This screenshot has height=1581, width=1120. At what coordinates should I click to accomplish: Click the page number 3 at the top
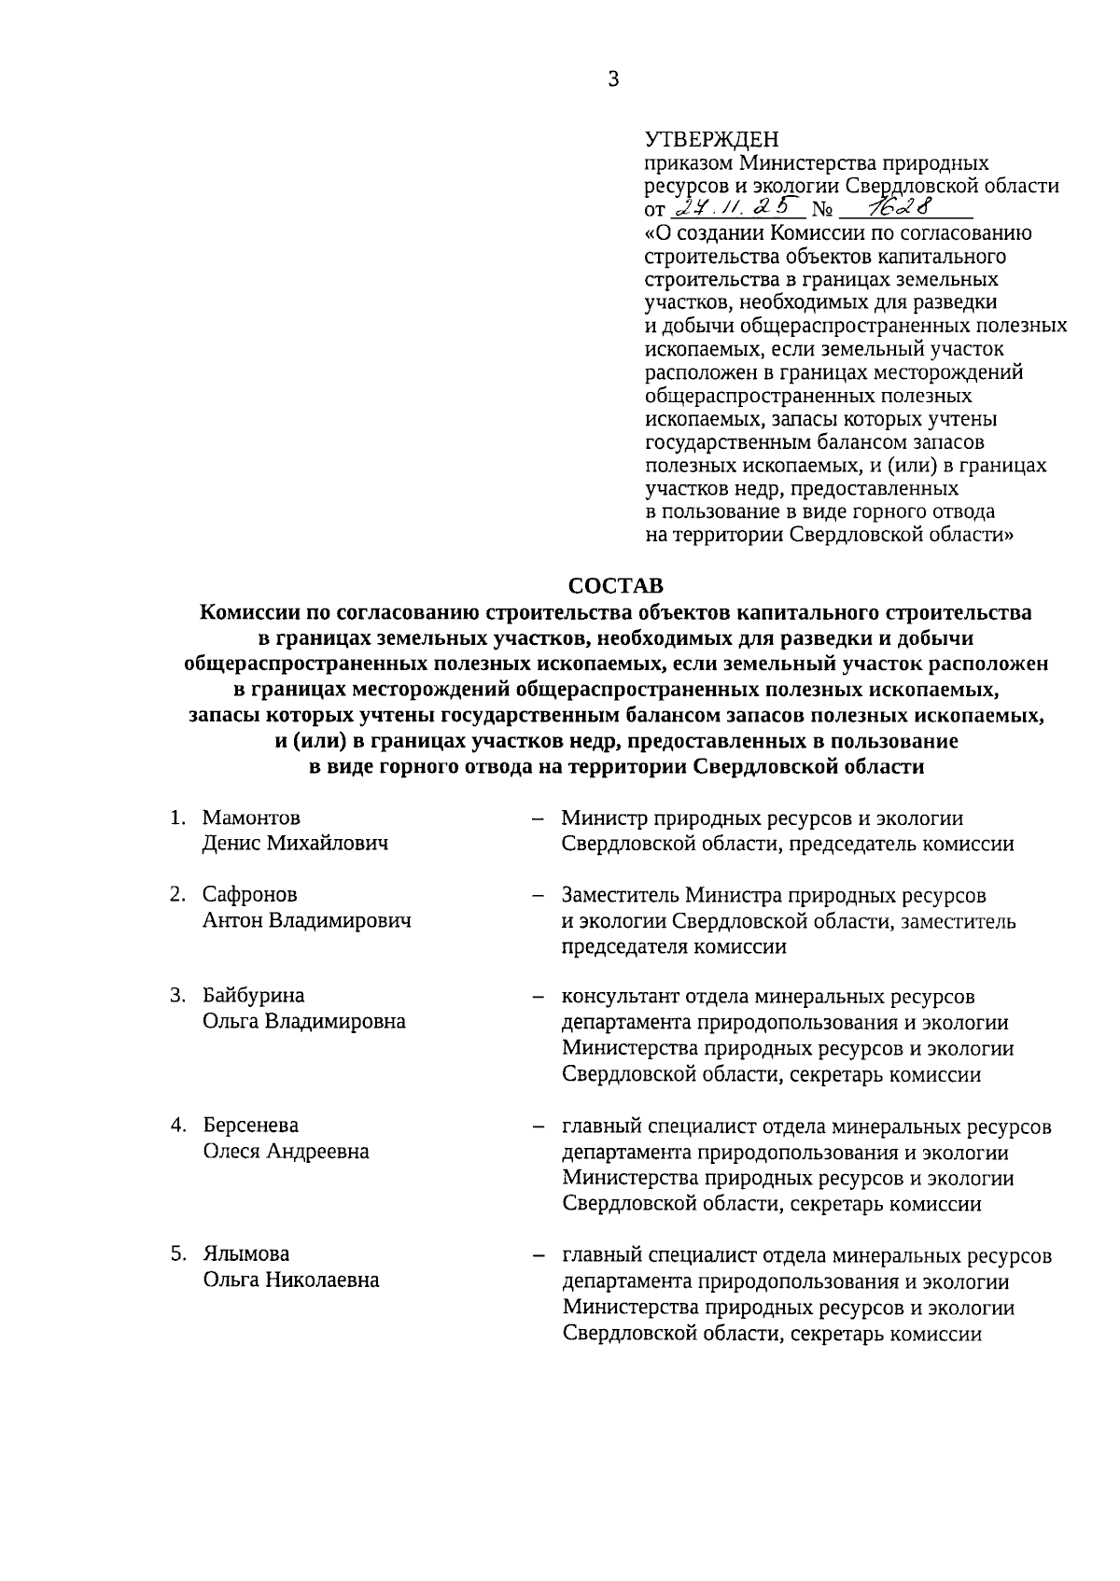pos(613,80)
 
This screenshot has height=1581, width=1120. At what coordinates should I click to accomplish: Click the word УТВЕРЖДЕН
pos(711,140)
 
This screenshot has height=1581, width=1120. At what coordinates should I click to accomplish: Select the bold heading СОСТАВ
pos(616,586)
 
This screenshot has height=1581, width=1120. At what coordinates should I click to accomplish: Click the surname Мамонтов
pos(251,818)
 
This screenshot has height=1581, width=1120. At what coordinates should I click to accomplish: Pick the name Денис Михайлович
pos(295,844)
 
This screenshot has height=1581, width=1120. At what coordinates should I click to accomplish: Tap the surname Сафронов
pos(250,895)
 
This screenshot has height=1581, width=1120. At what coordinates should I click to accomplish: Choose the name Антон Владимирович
pos(307,921)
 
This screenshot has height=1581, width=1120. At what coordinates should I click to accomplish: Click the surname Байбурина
pos(254,996)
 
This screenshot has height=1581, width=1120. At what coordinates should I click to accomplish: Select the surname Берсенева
pos(251,1126)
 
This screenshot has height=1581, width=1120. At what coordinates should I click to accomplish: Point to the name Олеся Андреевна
pos(287,1152)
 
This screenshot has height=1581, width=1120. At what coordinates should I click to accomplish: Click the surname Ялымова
pos(246,1254)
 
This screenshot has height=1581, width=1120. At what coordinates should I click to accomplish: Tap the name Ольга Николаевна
pos(291,1280)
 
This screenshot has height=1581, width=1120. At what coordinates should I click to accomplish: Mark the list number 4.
pos(175,1126)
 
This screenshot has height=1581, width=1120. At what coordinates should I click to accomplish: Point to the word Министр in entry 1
pos(604,819)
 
